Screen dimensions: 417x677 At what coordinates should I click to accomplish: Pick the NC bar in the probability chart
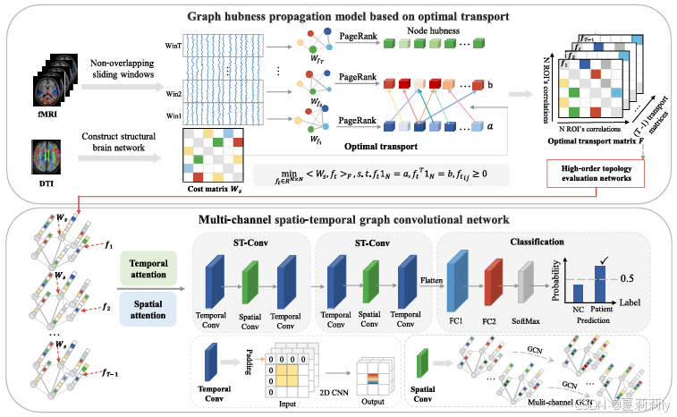click(x=578, y=293)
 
